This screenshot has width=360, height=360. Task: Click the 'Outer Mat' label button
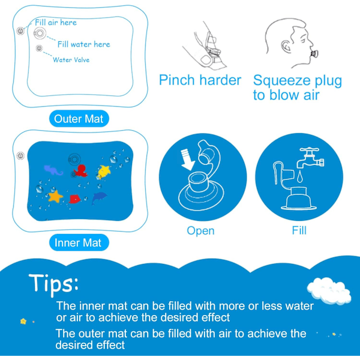click(x=79, y=119)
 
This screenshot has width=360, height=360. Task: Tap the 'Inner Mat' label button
click(x=79, y=242)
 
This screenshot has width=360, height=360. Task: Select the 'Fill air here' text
click(x=56, y=23)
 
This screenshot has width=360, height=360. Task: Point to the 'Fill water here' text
click(x=84, y=44)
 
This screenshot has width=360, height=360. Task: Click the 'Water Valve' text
click(x=71, y=60)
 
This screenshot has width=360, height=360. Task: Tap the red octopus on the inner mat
click(x=80, y=171)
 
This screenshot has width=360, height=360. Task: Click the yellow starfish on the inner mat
click(x=104, y=171)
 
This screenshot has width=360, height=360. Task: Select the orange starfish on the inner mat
click(x=55, y=196)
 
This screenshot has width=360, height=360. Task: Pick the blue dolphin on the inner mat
click(x=99, y=197)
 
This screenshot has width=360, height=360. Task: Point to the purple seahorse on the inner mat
click(x=53, y=170)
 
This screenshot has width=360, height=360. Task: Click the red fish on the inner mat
click(x=74, y=199)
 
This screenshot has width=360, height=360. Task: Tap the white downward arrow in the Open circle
click(x=187, y=160)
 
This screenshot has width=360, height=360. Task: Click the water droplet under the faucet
click(x=299, y=177)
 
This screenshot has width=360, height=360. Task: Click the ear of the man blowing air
click(x=286, y=47)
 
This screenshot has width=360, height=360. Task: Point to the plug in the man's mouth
click(x=314, y=54)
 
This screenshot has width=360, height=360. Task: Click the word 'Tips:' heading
click(x=54, y=284)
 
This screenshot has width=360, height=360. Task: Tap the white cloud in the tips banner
click(x=329, y=290)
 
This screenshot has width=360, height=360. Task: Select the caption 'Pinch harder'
click(x=200, y=80)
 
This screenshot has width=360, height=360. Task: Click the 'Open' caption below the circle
click(x=200, y=231)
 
